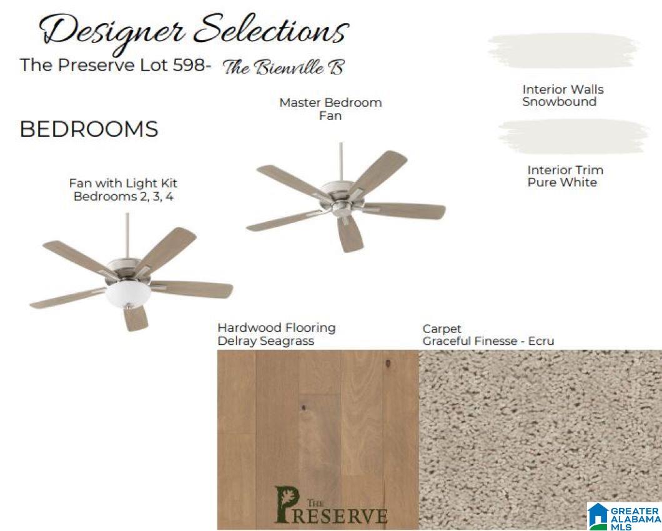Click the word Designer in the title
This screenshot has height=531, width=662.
click(112, 32)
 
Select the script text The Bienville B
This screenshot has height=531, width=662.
click(284, 67)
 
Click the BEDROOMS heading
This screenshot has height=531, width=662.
click(89, 129)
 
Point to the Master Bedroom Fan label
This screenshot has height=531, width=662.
click(330, 109)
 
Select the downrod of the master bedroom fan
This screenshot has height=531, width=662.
click(341, 162)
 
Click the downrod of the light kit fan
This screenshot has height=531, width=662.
click(127, 236)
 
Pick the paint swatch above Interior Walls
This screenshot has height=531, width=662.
click(563, 51)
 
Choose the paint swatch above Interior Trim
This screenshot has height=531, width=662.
click(573, 136)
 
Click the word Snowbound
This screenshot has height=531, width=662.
click(560, 102)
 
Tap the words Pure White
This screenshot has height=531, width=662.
click(562, 182)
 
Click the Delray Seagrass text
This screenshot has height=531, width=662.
click(266, 341)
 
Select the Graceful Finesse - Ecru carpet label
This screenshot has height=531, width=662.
click(488, 341)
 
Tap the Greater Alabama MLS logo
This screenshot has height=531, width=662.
click(625, 516)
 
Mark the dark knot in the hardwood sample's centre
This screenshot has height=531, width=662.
click(304, 408)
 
